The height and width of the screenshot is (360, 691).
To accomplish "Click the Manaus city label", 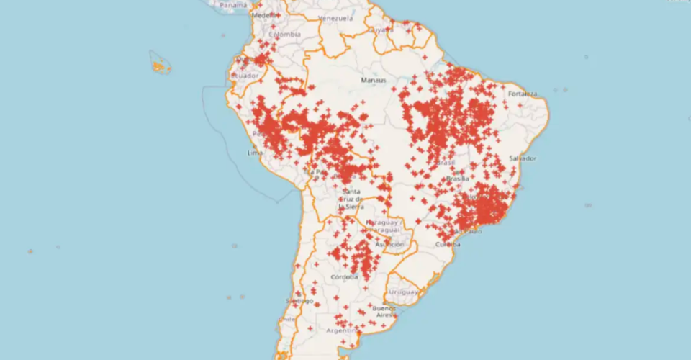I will [374, 80].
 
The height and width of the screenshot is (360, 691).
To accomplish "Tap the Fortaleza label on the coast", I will [523, 94].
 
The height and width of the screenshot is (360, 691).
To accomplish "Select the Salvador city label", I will [523, 158].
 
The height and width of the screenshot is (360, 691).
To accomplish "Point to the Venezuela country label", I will [335, 18].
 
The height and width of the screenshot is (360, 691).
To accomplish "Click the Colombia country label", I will [284, 34].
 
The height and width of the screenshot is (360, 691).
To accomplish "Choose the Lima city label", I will [253, 153].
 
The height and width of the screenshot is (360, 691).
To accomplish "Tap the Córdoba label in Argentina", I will [345, 277].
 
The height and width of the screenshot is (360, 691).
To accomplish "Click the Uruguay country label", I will [403, 292].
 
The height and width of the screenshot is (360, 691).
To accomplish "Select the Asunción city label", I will [389, 245].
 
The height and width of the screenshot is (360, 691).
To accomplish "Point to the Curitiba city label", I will [447, 244].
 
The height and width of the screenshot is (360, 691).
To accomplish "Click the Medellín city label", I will [263, 14].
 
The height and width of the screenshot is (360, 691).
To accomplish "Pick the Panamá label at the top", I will [232, 4].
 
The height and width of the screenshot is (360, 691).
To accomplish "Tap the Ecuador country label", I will [244, 76].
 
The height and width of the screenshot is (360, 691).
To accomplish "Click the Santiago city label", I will [299, 301].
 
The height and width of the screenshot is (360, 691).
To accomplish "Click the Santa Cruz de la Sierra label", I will [352, 198].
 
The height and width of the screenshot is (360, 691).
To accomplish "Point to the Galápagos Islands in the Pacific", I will [160, 65].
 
